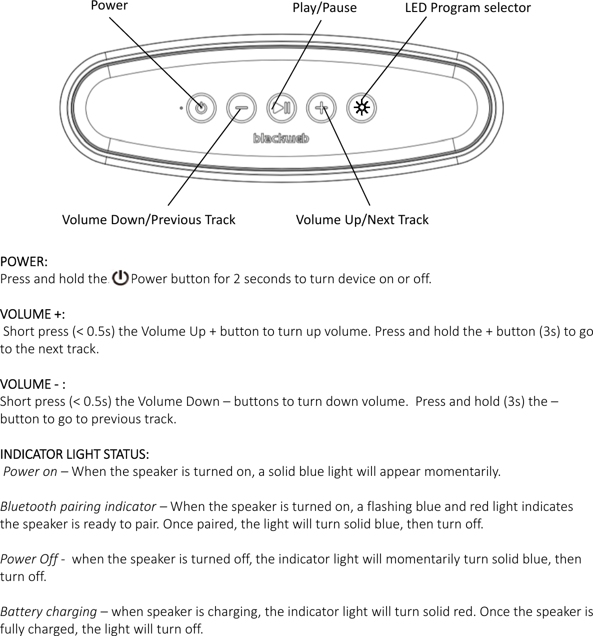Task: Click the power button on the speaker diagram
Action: [x=201, y=108]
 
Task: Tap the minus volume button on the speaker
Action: [x=241, y=108]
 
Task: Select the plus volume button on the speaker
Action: [x=321, y=108]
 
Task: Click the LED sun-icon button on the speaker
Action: [x=361, y=108]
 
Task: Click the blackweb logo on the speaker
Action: [x=281, y=138]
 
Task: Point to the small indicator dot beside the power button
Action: [x=180, y=108]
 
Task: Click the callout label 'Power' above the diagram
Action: [x=109, y=6]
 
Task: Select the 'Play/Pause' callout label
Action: [x=324, y=8]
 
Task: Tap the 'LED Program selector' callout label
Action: [x=467, y=8]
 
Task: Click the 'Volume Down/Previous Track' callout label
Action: [x=148, y=220]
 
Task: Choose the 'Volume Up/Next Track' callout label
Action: [x=362, y=220]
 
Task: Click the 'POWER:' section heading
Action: [x=24, y=262]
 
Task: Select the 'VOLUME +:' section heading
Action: [x=32, y=314]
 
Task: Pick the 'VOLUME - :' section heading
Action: [x=33, y=384]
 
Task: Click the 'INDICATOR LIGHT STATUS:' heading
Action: [x=74, y=454]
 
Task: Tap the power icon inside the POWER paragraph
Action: [x=120, y=277]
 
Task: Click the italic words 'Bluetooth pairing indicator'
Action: [x=78, y=506]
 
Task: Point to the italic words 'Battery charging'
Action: [x=48, y=611]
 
